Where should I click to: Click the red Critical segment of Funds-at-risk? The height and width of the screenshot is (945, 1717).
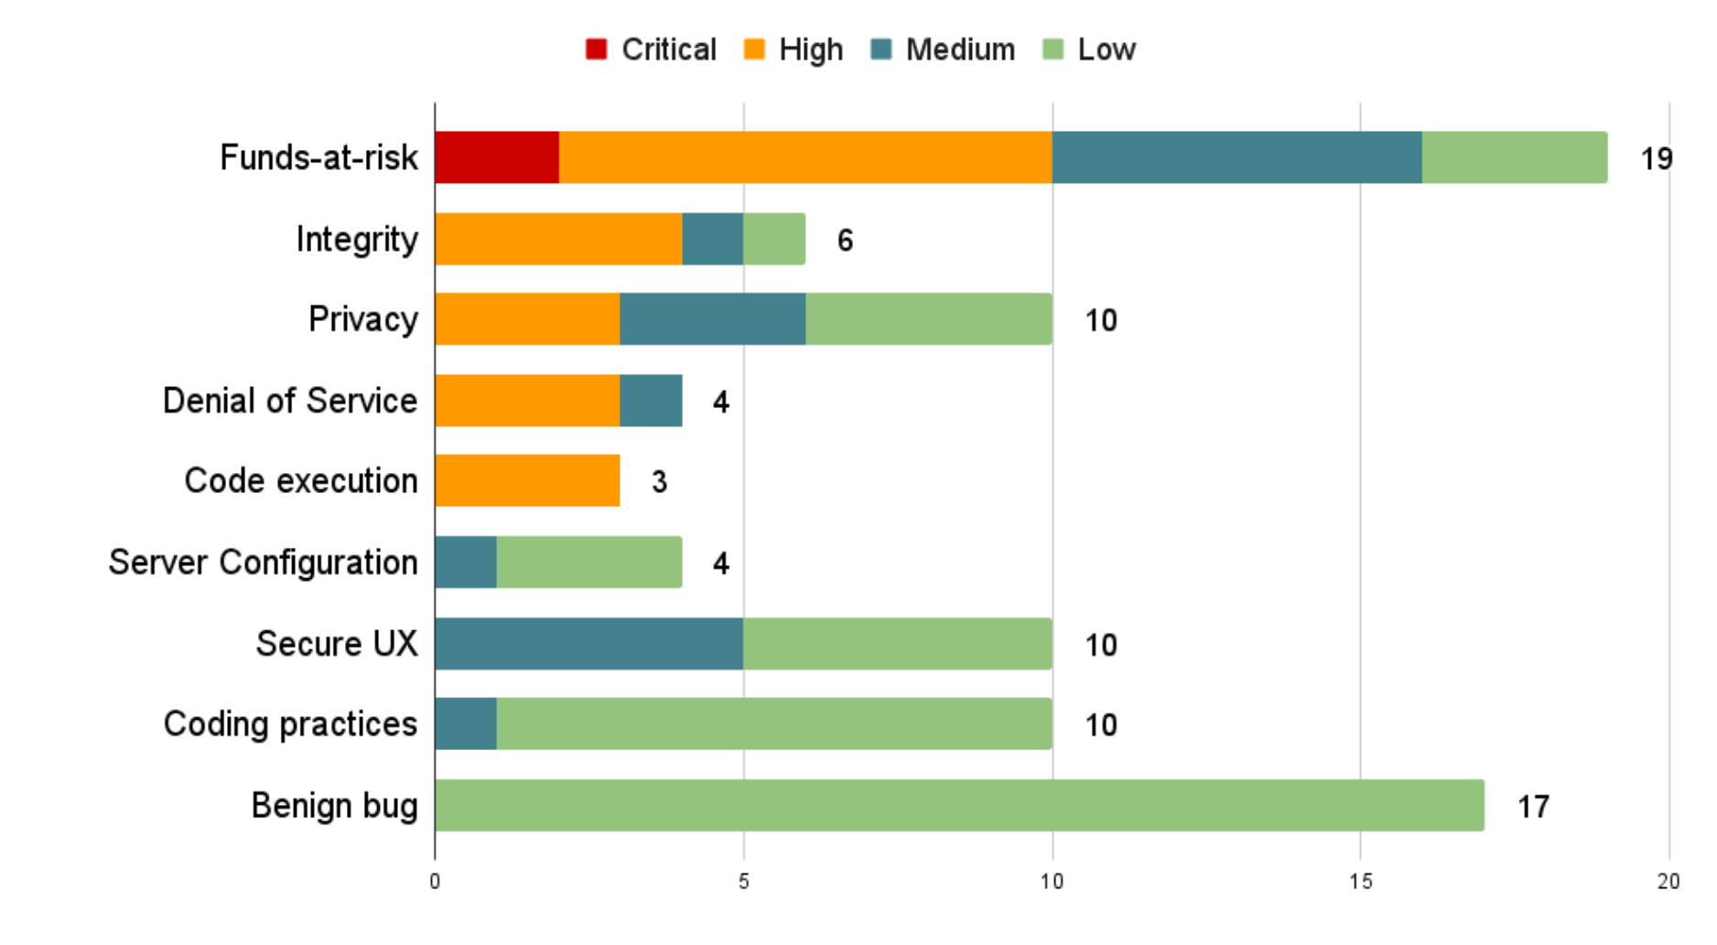coord(497,157)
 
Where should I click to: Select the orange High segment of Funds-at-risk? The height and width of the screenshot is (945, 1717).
coord(805,157)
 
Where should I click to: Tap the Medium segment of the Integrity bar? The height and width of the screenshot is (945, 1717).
coord(713,239)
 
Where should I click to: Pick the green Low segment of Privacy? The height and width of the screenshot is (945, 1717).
coord(928,319)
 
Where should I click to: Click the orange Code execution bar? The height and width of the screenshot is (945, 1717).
coord(527,480)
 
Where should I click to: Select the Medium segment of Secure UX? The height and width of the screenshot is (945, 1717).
coord(589,643)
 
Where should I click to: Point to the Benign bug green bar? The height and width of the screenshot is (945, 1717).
coord(959,805)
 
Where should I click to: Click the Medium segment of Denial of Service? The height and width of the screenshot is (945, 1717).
coord(651,401)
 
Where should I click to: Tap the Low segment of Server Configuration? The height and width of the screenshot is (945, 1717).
coord(589,562)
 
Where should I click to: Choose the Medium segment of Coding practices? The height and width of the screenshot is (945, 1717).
coord(466,724)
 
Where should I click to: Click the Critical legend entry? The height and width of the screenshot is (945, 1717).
coord(651,49)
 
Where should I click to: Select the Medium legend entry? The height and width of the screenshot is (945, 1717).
coord(943,49)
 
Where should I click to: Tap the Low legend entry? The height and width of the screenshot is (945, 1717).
coord(1089,49)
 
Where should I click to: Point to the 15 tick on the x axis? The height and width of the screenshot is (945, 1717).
coord(1360,881)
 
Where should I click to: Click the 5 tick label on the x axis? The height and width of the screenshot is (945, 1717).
coord(743,881)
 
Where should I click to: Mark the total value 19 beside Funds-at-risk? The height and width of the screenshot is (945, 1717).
coord(1656,159)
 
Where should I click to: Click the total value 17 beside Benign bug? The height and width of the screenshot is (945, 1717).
coord(1533,807)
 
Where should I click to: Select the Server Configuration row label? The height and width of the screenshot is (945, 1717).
coord(264,562)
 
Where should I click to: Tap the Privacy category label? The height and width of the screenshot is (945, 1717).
coord(363,319)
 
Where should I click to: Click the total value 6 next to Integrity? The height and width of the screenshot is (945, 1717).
coord(845,241)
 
